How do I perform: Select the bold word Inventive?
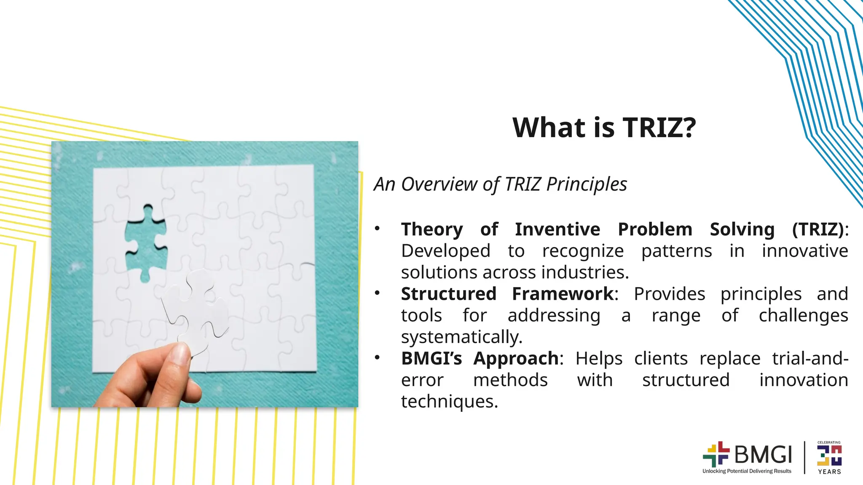click(557, 229)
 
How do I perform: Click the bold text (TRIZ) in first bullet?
click(818, 229)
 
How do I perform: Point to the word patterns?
click(676, 251)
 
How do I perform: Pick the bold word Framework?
click(563, 294)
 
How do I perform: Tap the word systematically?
click(461, 337)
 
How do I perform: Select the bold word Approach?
click(516, 359)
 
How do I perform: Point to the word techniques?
click(449, 402)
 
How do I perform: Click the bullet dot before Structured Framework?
click(377, 293)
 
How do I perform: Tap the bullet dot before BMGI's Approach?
click(377, 358)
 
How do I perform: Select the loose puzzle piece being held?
click(196, 312)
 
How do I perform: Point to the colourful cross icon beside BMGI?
click(716, 454)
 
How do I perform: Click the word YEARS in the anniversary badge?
click(829, 472)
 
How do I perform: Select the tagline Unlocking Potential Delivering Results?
click(747, 471)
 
